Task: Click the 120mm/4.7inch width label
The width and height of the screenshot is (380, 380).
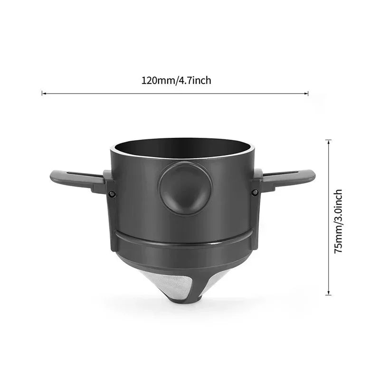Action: pos(176,80)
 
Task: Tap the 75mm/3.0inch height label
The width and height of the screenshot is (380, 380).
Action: pos(338,221)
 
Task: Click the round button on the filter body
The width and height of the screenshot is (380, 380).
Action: pos(182,188)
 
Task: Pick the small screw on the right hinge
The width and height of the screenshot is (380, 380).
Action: pos(255,192)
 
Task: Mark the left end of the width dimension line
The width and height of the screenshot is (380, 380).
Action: pos(42,93)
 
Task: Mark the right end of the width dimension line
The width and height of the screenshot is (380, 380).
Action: pos(308,93)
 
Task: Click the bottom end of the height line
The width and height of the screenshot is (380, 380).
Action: pos(328,294)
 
